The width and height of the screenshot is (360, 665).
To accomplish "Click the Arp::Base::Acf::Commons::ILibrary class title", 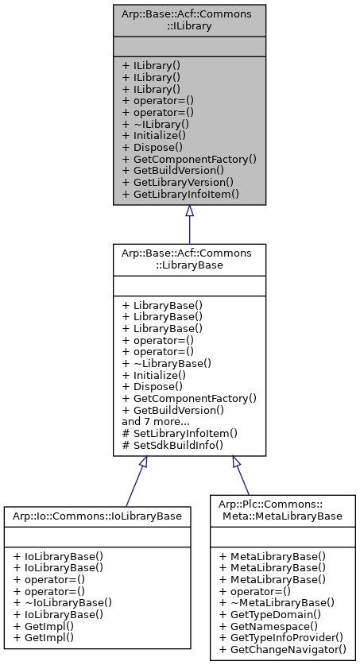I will point(189,20).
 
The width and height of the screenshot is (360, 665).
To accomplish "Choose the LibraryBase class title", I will point(189,259).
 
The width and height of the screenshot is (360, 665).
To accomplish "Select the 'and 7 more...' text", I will point(155,421).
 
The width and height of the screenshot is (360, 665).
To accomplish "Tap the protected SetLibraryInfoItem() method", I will point(179,433).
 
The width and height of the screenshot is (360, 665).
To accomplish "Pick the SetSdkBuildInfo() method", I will point(172,445).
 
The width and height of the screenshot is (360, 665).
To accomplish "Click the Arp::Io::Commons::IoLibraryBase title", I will point(97,516).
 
